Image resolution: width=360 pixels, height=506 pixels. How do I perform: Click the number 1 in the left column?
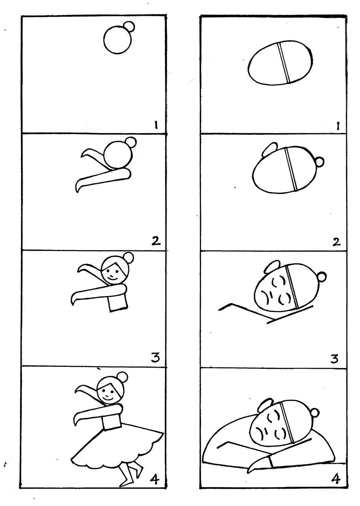(x=156, y=125)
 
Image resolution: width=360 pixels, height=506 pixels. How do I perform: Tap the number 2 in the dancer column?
(x=156, y=241)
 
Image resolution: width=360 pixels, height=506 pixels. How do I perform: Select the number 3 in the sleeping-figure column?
(x=334, y=358)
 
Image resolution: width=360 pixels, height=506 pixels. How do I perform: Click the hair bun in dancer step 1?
(x=130, y=26)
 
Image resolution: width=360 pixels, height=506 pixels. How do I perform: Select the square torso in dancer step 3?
(x=118, y=302)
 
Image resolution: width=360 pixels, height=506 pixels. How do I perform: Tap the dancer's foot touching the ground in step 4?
(x=126, y=483)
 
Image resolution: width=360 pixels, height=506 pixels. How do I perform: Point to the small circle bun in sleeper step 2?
(x=319, y=162)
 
